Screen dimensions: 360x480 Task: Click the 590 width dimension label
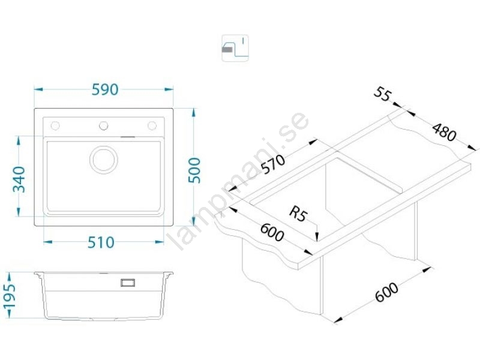point(104,89)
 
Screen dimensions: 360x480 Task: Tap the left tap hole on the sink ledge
point(55,125)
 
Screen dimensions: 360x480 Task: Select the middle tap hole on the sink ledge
point(103,125)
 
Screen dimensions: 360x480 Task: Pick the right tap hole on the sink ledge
point(152,125)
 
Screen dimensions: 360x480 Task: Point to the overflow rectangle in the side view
point(128,282)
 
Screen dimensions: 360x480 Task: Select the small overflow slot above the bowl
point(128,137)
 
